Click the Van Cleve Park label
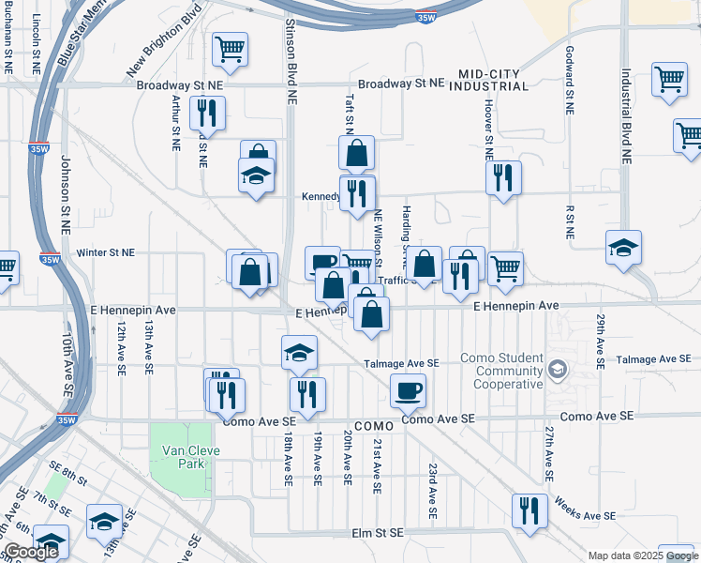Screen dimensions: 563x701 tap(183, 457)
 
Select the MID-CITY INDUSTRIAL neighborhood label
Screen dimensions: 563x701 tap(494, 80)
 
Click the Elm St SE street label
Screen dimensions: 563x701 tap(377, 533)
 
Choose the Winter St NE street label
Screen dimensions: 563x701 tap(106, 252)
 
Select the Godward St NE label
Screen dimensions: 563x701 tap(569, 79)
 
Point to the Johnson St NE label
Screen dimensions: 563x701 tap(67, 193)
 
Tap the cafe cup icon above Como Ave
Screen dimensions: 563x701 tap(407, 389)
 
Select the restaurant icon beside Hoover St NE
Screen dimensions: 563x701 tap(504, 176)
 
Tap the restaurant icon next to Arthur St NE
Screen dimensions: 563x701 tap(206, 113)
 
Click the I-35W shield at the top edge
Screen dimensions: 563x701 tap(426, 17)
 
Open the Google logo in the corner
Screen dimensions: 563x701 tap(30, 552)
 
